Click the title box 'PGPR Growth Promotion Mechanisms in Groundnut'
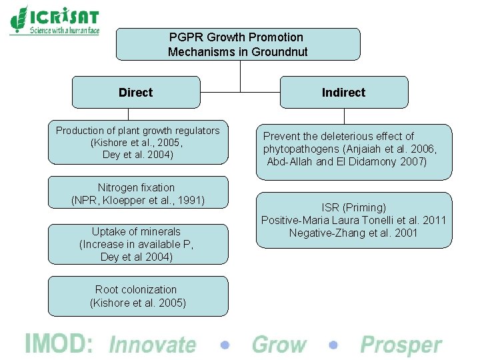click(238, 44)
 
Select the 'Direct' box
click(135, 92)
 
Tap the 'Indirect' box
click(343, 92)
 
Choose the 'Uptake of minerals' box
click(138, 244)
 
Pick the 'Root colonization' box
click(138, 296)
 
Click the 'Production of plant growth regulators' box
click(138, 142)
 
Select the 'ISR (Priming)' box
click(353, 220)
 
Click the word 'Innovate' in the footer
click(152, 345)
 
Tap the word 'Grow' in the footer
click(279, 345)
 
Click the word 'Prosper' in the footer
click(401, 345)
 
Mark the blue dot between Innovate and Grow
click(225, 345)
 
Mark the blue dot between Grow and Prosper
click(333, 345)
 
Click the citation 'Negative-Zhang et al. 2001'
click(353, 233)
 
